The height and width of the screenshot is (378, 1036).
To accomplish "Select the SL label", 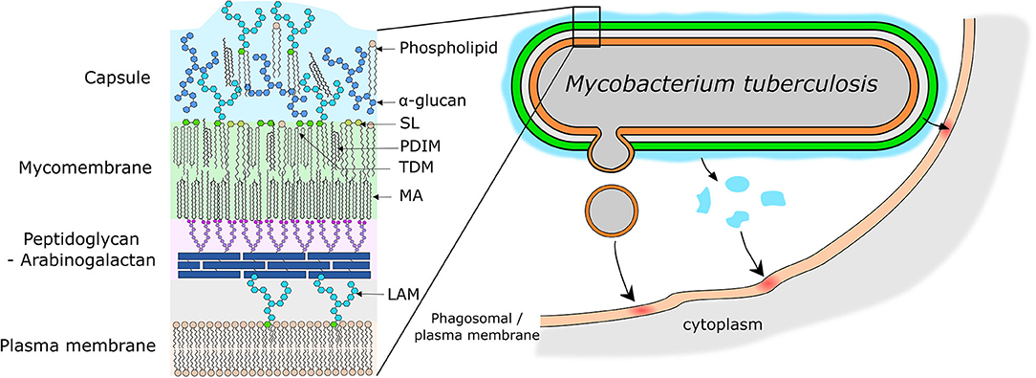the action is point(410,124).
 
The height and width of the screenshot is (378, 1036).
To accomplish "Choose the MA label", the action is point(412,196).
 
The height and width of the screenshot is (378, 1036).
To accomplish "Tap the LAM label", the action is point(404,294).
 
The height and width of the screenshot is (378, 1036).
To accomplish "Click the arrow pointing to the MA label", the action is point(386,196).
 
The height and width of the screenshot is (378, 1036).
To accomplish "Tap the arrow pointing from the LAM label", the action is point(374,293).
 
